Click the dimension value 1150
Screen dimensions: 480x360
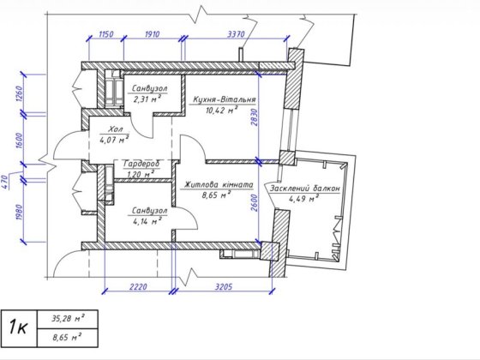click(106, 33)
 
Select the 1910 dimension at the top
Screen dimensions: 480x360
click(153, 33)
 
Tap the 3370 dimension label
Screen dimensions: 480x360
click(236, 33)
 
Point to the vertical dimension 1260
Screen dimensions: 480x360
click(19, 94)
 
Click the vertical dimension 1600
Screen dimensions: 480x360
click(19, 141)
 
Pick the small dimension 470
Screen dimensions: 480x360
click(4, 181)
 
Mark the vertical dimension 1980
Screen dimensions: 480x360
click(19, 213)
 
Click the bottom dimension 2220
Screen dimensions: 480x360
click(138, 287)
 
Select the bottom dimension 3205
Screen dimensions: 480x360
click(224, 287)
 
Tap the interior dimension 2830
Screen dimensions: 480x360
click(254, 117)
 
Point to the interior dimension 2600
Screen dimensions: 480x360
click(254, 202)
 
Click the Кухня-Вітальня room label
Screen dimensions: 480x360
click(225, 99)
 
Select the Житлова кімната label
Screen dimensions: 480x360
click(219, 184)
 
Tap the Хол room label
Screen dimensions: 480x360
click(116, 129)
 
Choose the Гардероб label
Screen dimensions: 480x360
click(141, 164)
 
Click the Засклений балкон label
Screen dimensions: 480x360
click(304, 189)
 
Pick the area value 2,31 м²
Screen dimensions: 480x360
click(147, 99)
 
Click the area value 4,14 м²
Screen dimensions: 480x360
click(147, 221)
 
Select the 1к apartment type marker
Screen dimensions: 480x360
click(18, 327)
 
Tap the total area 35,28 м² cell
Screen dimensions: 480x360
click(68, 319)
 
